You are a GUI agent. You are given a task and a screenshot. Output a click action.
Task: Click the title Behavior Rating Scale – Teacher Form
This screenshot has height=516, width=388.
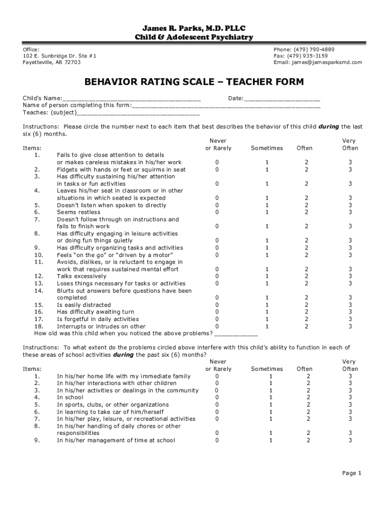click(193, 82)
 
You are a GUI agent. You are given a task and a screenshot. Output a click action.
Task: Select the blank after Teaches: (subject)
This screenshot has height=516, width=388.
click(139, 113)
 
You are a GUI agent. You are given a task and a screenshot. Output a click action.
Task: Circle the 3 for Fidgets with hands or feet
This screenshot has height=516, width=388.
click(350, 170)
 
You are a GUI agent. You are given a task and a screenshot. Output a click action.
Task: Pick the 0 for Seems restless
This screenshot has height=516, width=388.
click(217, 212)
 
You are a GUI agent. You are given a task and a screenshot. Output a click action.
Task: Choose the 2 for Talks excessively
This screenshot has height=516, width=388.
click(305, 276)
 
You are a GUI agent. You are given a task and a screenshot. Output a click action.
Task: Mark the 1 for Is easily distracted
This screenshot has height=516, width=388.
click(267, 305)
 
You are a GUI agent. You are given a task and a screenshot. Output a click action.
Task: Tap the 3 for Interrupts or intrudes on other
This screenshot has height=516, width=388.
click(350, 326)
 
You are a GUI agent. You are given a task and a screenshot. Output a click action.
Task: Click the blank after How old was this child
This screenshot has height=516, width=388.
click(236, 334)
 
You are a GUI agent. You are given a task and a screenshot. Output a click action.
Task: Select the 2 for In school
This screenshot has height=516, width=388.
click(308, 398)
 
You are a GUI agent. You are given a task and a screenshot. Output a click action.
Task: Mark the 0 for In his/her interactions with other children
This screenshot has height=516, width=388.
click(217, 383)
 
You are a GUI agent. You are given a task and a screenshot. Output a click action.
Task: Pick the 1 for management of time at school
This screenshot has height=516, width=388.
click(270, 440)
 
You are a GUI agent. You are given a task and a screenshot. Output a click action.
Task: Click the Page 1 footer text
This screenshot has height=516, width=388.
click(352, 473)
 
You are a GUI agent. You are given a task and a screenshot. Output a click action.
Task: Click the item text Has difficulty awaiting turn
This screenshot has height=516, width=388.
click(95, 312)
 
